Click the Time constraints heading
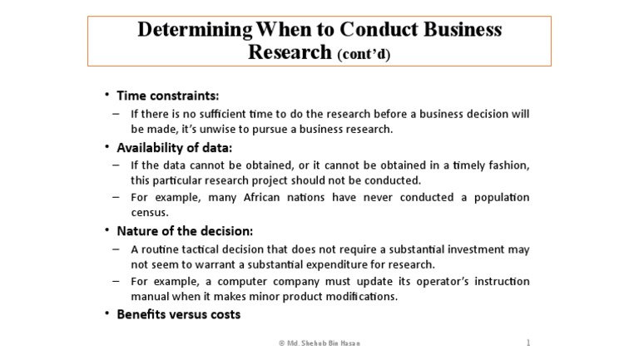[x=167, y=95]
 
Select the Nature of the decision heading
[x=185, y=231]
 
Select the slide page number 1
[x=528, y=343]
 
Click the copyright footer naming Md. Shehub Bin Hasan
[x=319, y=343]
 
